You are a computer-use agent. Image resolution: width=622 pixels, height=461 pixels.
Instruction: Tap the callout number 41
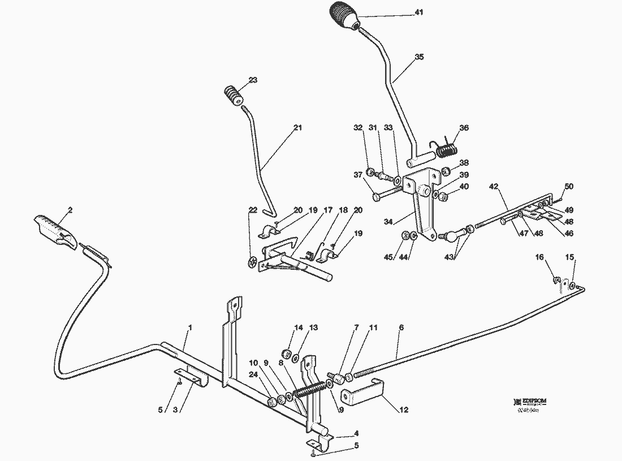tap(419, 12)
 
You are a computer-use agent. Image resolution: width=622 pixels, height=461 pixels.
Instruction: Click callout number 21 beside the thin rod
tap(298, 128)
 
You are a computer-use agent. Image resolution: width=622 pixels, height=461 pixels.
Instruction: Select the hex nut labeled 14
tap(287, 354)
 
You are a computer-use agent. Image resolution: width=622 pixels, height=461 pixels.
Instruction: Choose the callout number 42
tap(494, 186)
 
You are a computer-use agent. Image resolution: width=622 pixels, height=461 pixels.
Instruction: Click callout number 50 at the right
tap(569, 186)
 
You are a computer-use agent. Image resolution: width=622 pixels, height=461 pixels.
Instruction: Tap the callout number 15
tap(570, 257)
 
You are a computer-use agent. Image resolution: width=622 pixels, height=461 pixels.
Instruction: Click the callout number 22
tap(252, 210)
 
